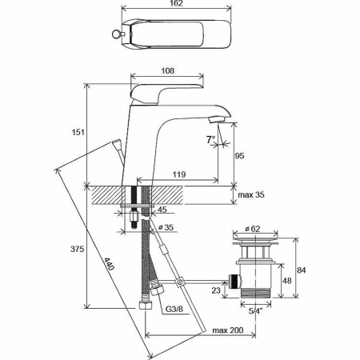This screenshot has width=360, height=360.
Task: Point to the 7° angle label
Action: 210,141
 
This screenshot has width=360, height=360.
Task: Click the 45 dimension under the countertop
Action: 163,211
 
